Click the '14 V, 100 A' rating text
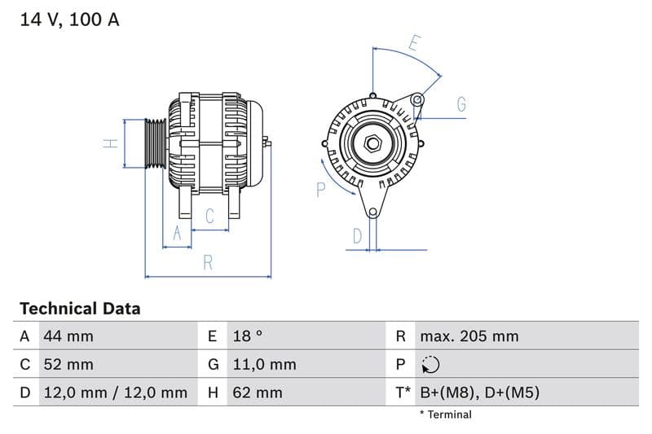pos(69,20)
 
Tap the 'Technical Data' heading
pos(80,309)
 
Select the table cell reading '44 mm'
pos(68,336)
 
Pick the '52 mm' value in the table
pos(68,365)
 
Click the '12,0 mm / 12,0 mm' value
pos(114,392)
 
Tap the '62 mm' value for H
pos(256,392)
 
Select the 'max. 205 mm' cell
pos(469,336)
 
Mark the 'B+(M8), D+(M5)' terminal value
pos(479,392)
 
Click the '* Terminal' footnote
pos(445,414)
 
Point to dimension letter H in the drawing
pos(112,143)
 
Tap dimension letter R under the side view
pos(208,263)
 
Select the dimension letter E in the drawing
pos(414,43)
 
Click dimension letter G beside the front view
pos(461,104)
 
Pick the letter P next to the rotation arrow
pos(320,190)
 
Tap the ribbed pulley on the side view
pos(155,144)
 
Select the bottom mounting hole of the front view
pos(372,213)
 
